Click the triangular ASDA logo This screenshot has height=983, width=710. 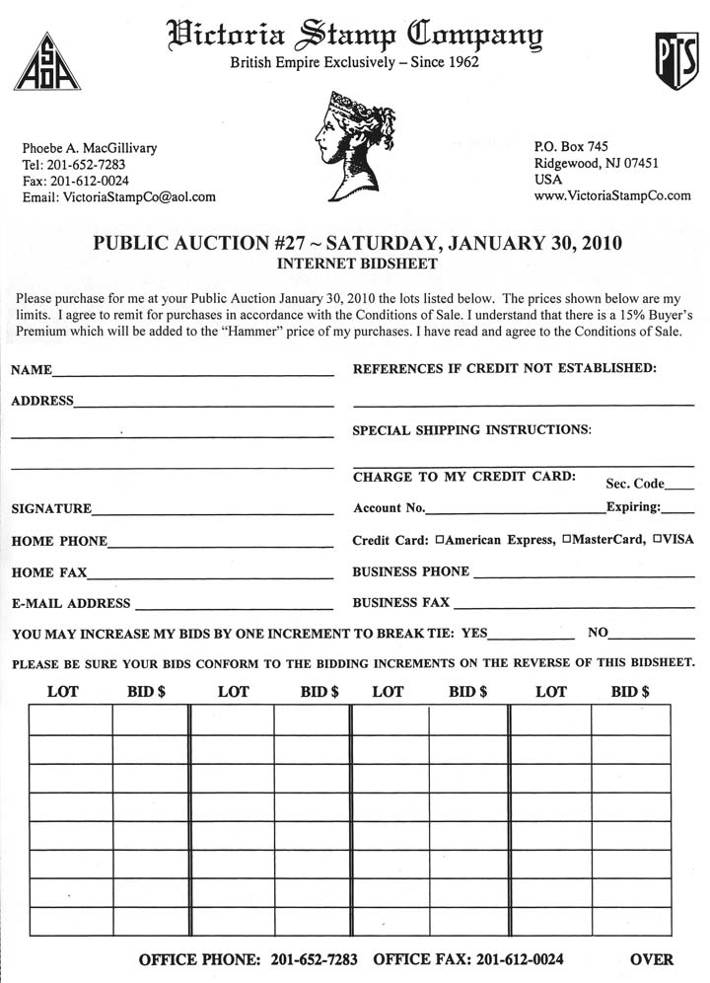pyautogui.click(x=47, y=62)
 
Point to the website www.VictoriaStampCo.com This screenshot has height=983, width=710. pyautogui.click(x=612, y=196)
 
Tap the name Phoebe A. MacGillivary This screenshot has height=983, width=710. pyautogui.click(x=90, y=148)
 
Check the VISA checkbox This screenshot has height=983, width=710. pyautogui.click(x=658, y=541)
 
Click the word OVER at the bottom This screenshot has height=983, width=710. pyautogui.click(x=652, y=959)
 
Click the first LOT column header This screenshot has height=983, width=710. pyautogui.click(x=63, y=692)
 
